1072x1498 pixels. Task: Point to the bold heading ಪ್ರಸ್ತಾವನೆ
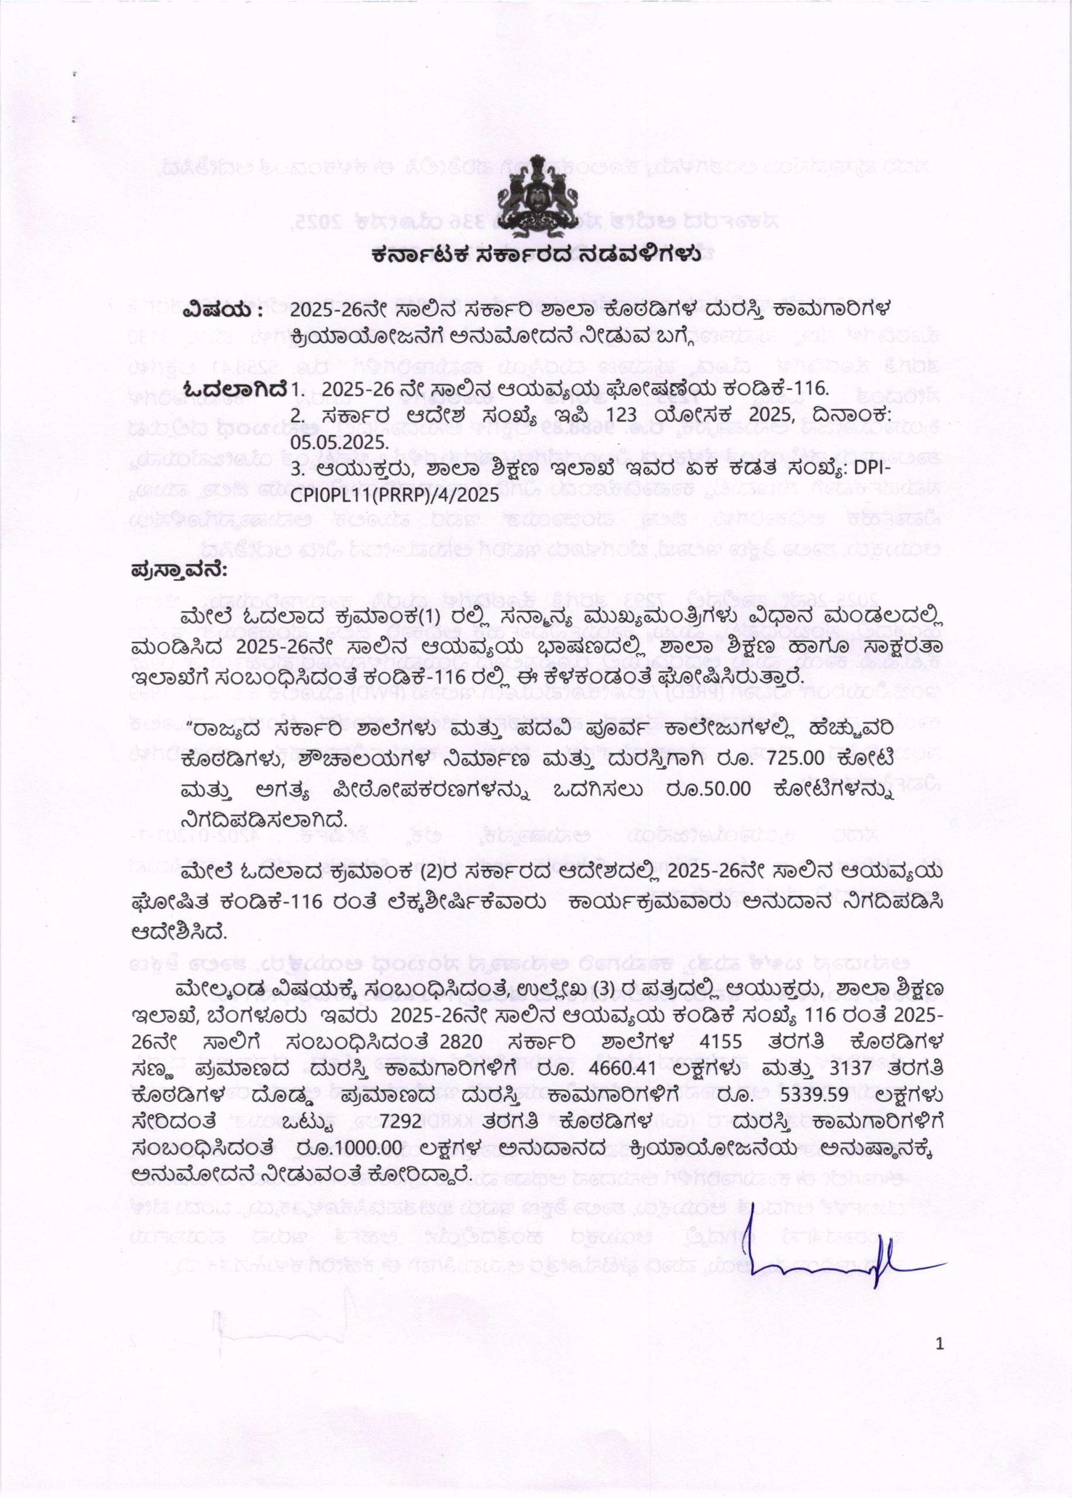[179, 569]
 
